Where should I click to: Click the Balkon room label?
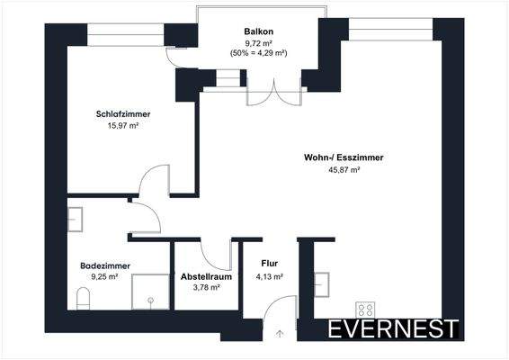point(258,31)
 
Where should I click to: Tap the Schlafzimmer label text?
point(122,114)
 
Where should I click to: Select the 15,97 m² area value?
point(122,127)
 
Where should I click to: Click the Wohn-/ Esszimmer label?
point(344,157)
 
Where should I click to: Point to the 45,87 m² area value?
point(344,170)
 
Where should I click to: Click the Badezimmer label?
point(106,266)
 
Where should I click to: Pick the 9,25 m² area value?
point(106,279)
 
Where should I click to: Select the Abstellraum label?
point(206,276)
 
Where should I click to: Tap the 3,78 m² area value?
point(206,288)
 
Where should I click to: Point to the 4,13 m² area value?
point(270,276)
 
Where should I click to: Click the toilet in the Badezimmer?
point(84,297)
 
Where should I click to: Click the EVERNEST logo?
point(393,328)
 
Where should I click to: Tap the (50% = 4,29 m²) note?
point(258,53)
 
